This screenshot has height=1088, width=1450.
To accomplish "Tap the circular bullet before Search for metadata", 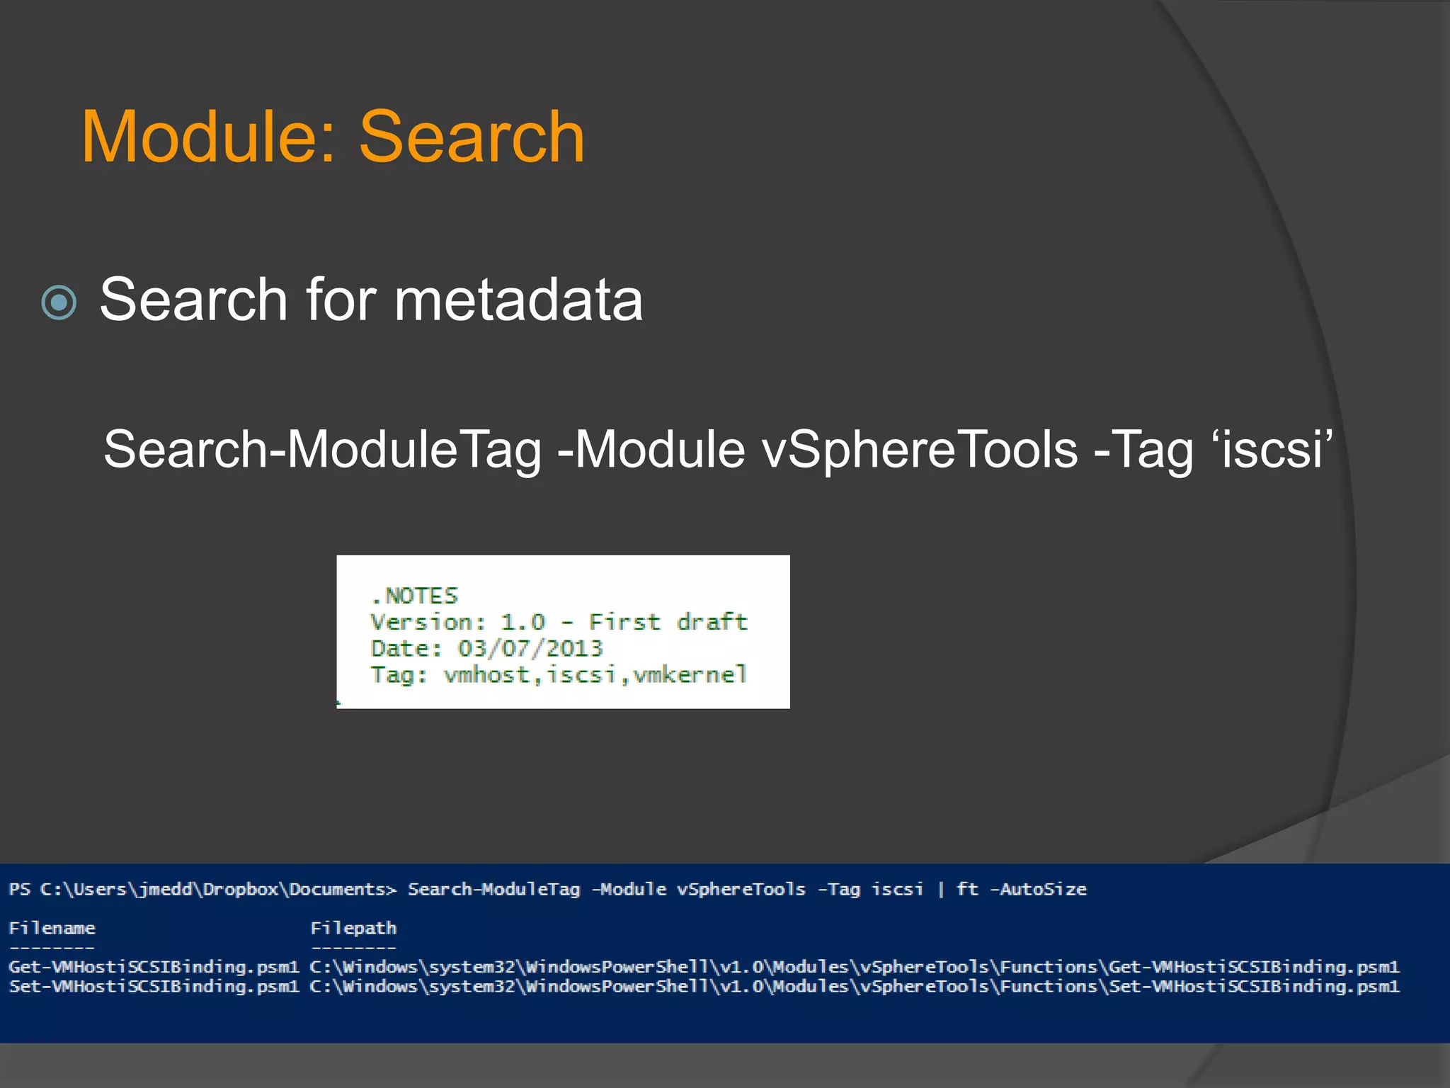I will coord(59,302).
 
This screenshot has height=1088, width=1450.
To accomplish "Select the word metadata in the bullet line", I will coord(518,300).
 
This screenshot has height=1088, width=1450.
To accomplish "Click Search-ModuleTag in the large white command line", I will coord(323,449).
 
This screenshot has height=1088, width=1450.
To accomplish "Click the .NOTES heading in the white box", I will coord(415,596).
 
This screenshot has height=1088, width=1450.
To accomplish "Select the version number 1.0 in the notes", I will coord(523,622).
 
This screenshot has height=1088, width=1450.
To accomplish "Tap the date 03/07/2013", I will coord(530,648).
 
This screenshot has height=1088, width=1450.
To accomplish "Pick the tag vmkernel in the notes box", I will coord(690,674).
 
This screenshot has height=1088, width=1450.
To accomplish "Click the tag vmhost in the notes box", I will coord(486,674).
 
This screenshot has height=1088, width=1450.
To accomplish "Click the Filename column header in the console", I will coord(52,928).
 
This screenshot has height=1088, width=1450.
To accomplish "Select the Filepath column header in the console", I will coord(353,928).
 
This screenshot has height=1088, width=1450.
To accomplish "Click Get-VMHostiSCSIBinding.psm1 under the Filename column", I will coord(154,967).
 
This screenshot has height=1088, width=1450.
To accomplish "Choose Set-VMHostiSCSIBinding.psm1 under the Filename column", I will coord(154,986).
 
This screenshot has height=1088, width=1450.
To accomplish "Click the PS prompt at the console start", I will coord(19,889).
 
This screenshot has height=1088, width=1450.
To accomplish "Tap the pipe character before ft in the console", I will coord(941,889).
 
